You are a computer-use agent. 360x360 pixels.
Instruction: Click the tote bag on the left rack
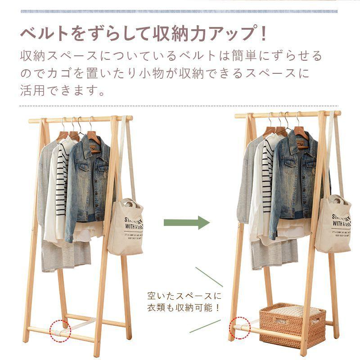pos(125,227)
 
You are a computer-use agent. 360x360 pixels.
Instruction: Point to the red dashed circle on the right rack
pos(240,327)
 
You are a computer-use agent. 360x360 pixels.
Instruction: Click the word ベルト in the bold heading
pos(43,34)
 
